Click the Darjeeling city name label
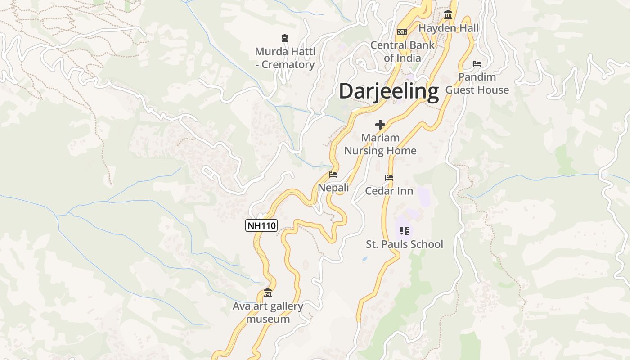point(389,91)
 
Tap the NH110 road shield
point(261,225)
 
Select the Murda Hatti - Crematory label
point(285,58)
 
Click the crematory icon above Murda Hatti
point(284,38)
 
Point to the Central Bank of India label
point(402,51)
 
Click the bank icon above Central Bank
point(402,31)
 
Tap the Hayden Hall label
point(449,28)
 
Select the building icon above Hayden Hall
point(448,15)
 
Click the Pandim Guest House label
point(477,83)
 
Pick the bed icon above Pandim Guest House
point(477,64)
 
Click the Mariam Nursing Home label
point(380,144)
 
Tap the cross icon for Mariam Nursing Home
point(380,124)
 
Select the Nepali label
point(333,188)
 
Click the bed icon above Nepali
point(333,175)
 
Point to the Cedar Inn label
point(389,191)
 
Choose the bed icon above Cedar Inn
point(389,178)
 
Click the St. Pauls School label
point(405,244)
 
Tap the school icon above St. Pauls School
point(404,231)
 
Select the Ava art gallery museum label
point(268,312)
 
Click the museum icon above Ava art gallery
point(268,293)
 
